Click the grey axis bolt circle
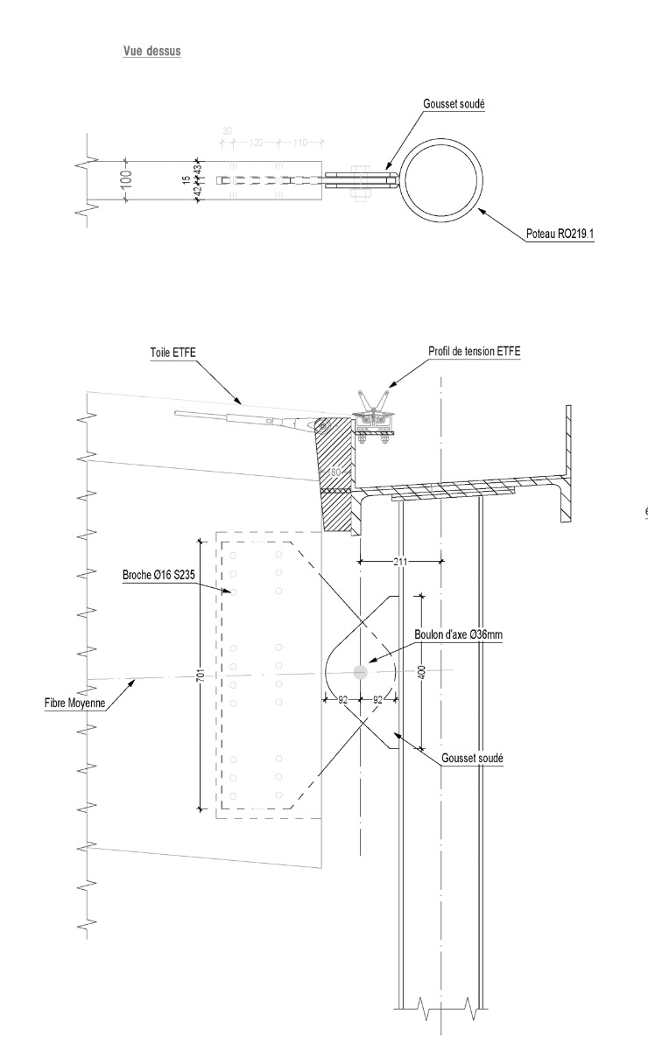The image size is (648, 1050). coord(359,672)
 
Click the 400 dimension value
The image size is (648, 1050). coord(422,672)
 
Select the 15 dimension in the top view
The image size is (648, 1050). coord(186,180)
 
